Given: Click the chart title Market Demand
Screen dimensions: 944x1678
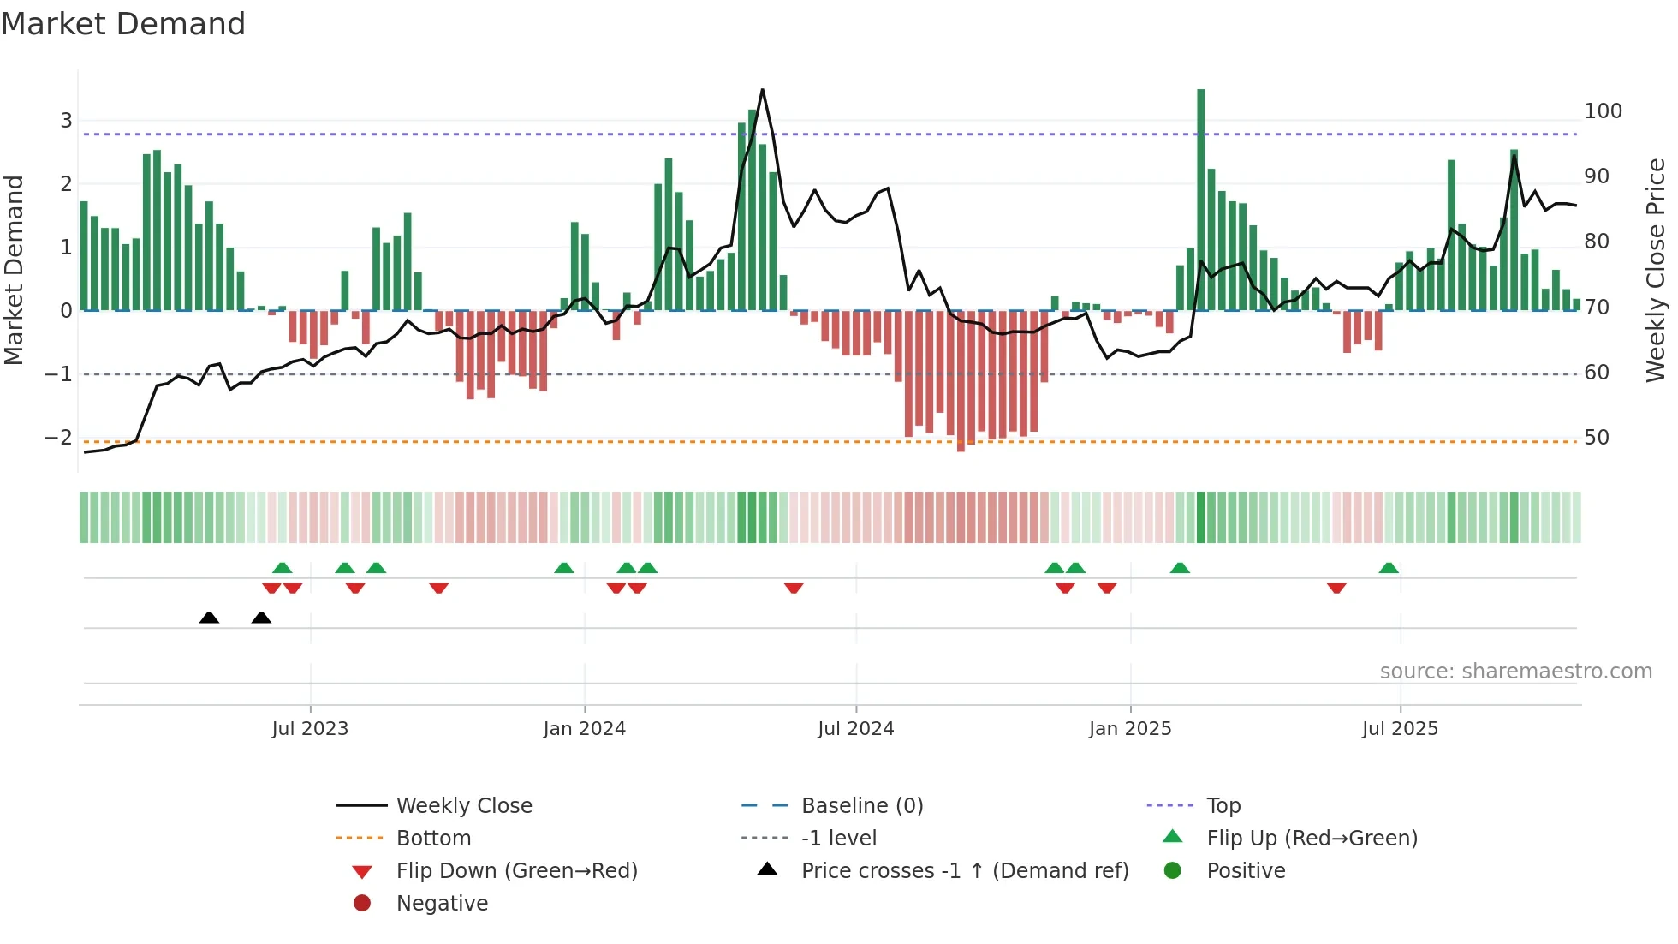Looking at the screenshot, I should point(123,24).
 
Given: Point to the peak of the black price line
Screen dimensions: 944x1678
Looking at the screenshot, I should point(762,90).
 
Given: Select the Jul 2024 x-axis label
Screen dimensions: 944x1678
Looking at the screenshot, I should point(855,729).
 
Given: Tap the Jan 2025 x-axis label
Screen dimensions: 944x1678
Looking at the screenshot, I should point(1129,729).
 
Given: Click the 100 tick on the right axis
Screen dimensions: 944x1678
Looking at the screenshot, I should point(1603,111).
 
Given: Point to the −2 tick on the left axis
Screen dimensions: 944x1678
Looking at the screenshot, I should point(58,438).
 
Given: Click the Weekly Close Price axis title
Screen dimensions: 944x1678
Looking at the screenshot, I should point(1656,270).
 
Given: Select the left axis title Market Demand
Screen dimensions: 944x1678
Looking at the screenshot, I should point(14,270).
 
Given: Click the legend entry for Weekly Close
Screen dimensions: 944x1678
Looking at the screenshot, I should point(463,806).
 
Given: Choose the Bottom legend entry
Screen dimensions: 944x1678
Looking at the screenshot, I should point(433,839).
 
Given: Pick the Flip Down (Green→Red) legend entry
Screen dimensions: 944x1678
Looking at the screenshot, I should point(516,871).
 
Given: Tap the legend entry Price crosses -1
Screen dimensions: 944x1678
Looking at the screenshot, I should point(964,871).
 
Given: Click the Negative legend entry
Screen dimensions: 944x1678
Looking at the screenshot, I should point(442,904).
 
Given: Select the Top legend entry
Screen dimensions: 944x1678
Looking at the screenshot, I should point(1223,806).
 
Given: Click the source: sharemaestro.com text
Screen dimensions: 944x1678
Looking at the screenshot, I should point(1515,672).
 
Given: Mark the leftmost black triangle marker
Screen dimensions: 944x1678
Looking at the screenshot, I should point(209,618).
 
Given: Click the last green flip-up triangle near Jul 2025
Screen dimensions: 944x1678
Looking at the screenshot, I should point(1389,568).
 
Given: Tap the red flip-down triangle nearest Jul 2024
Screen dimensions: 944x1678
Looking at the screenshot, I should point(794,588).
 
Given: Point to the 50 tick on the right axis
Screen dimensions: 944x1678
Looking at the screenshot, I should point(1596,438).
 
